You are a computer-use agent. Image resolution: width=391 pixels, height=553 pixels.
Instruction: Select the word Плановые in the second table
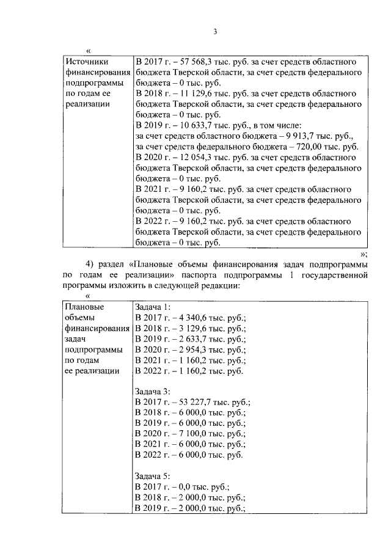85,306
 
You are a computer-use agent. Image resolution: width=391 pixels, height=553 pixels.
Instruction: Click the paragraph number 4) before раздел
92,264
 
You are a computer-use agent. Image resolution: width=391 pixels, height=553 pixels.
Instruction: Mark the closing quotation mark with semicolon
363,252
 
